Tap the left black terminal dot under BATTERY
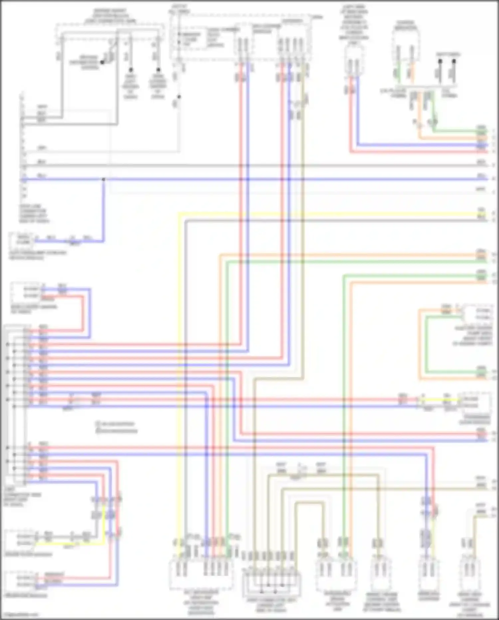click(440, 61)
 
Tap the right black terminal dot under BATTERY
click(454, 61)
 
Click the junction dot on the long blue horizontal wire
click(103, 179)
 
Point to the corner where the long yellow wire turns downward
click(179, 214)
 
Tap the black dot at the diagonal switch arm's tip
click(102, 62)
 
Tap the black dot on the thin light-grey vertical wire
click(179, 97)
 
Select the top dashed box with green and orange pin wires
click(405, 50)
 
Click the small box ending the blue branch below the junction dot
click(23, 239)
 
